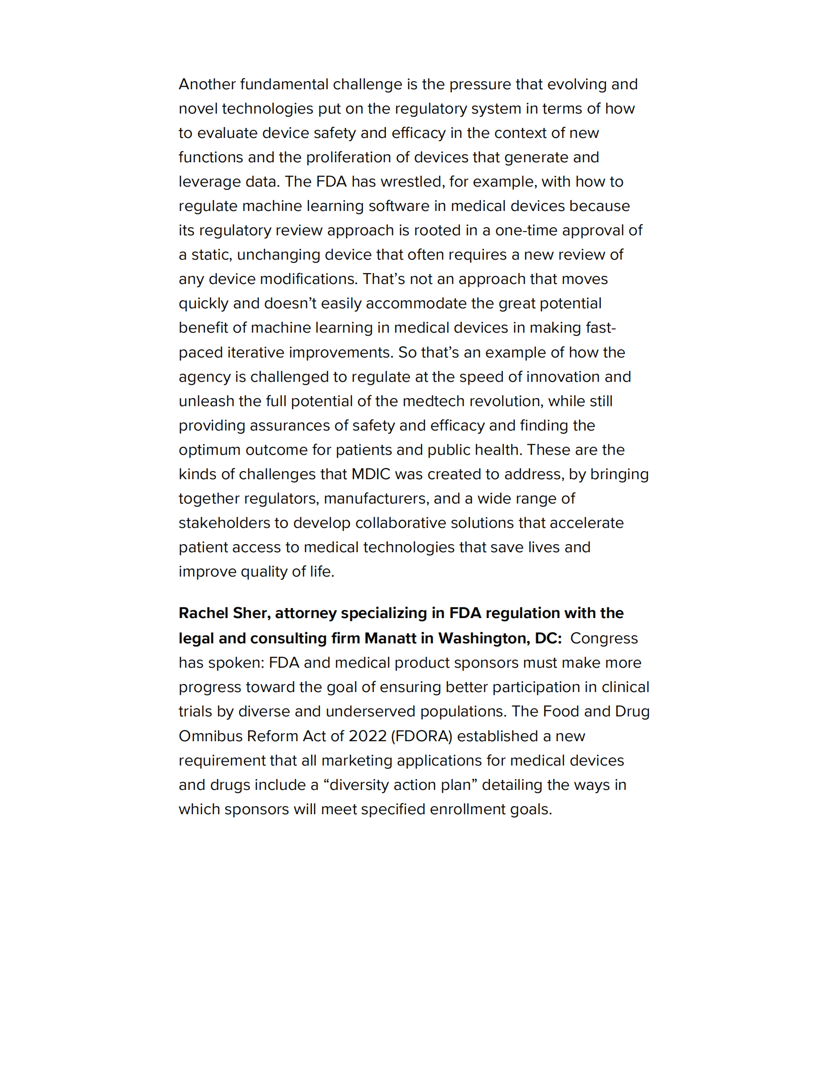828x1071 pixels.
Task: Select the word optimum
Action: (210, 450)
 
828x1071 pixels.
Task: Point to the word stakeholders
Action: (224, 523)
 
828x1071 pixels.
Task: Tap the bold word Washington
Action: (484, 639)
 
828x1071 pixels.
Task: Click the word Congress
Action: (604, 639)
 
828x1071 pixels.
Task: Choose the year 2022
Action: (367, 736)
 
